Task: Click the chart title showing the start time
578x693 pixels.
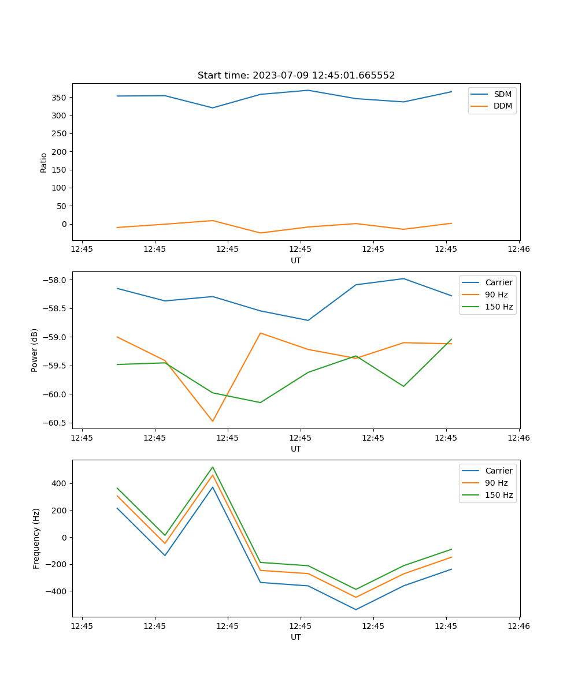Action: click(296, 76)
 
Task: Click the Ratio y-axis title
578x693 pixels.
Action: click(44, 162)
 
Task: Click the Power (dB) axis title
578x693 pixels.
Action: click(35, 350)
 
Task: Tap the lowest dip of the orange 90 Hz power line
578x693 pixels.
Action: click(213, 421)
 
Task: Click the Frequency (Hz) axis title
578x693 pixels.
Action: click(36, 538)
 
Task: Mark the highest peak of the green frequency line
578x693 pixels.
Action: click(213, 467)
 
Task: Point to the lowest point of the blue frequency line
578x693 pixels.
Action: click(355, 609)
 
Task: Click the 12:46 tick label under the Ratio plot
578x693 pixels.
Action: click(518, 249)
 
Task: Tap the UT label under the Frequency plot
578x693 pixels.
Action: click(296, 637)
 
